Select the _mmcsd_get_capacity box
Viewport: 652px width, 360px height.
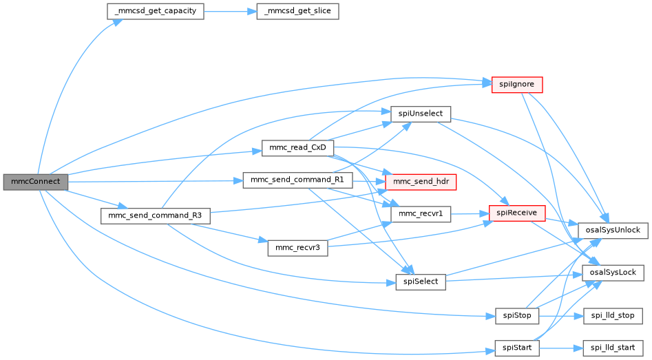pos(155,12)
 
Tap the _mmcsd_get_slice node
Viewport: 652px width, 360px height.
pos(297,12)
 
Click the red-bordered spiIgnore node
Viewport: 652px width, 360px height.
pos(517,84)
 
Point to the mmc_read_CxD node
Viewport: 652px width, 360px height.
pos(297,148)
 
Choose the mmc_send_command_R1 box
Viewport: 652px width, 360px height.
pos(297,180)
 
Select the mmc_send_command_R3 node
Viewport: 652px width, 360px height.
pos(155,215)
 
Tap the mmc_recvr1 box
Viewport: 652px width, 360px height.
pos(421,215)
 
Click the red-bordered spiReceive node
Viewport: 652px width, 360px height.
pos(517,213)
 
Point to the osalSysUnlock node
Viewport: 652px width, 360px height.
pos(613,230)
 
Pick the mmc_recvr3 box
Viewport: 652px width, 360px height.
pos(297,248)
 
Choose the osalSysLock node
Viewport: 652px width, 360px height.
pos(613,273)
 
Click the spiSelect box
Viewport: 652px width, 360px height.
pos(421,282)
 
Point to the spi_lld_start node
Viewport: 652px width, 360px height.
pos(613,348)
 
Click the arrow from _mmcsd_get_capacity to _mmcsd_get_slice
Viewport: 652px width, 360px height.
pos(230,12)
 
